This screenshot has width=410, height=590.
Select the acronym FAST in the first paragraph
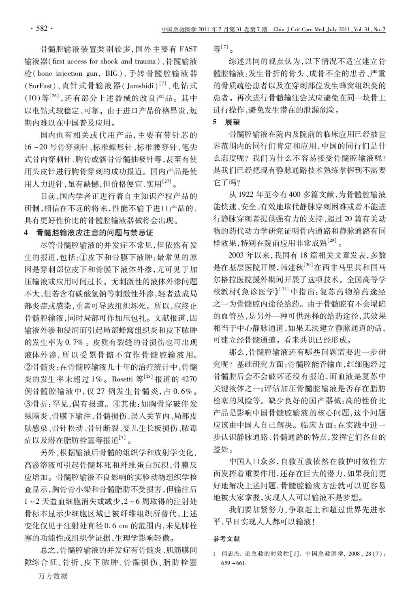tap(188, 49)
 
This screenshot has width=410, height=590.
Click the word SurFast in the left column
tap(40, 86)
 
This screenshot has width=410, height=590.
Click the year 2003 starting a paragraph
tap(238, 255)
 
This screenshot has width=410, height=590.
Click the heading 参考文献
tap(226, 539)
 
